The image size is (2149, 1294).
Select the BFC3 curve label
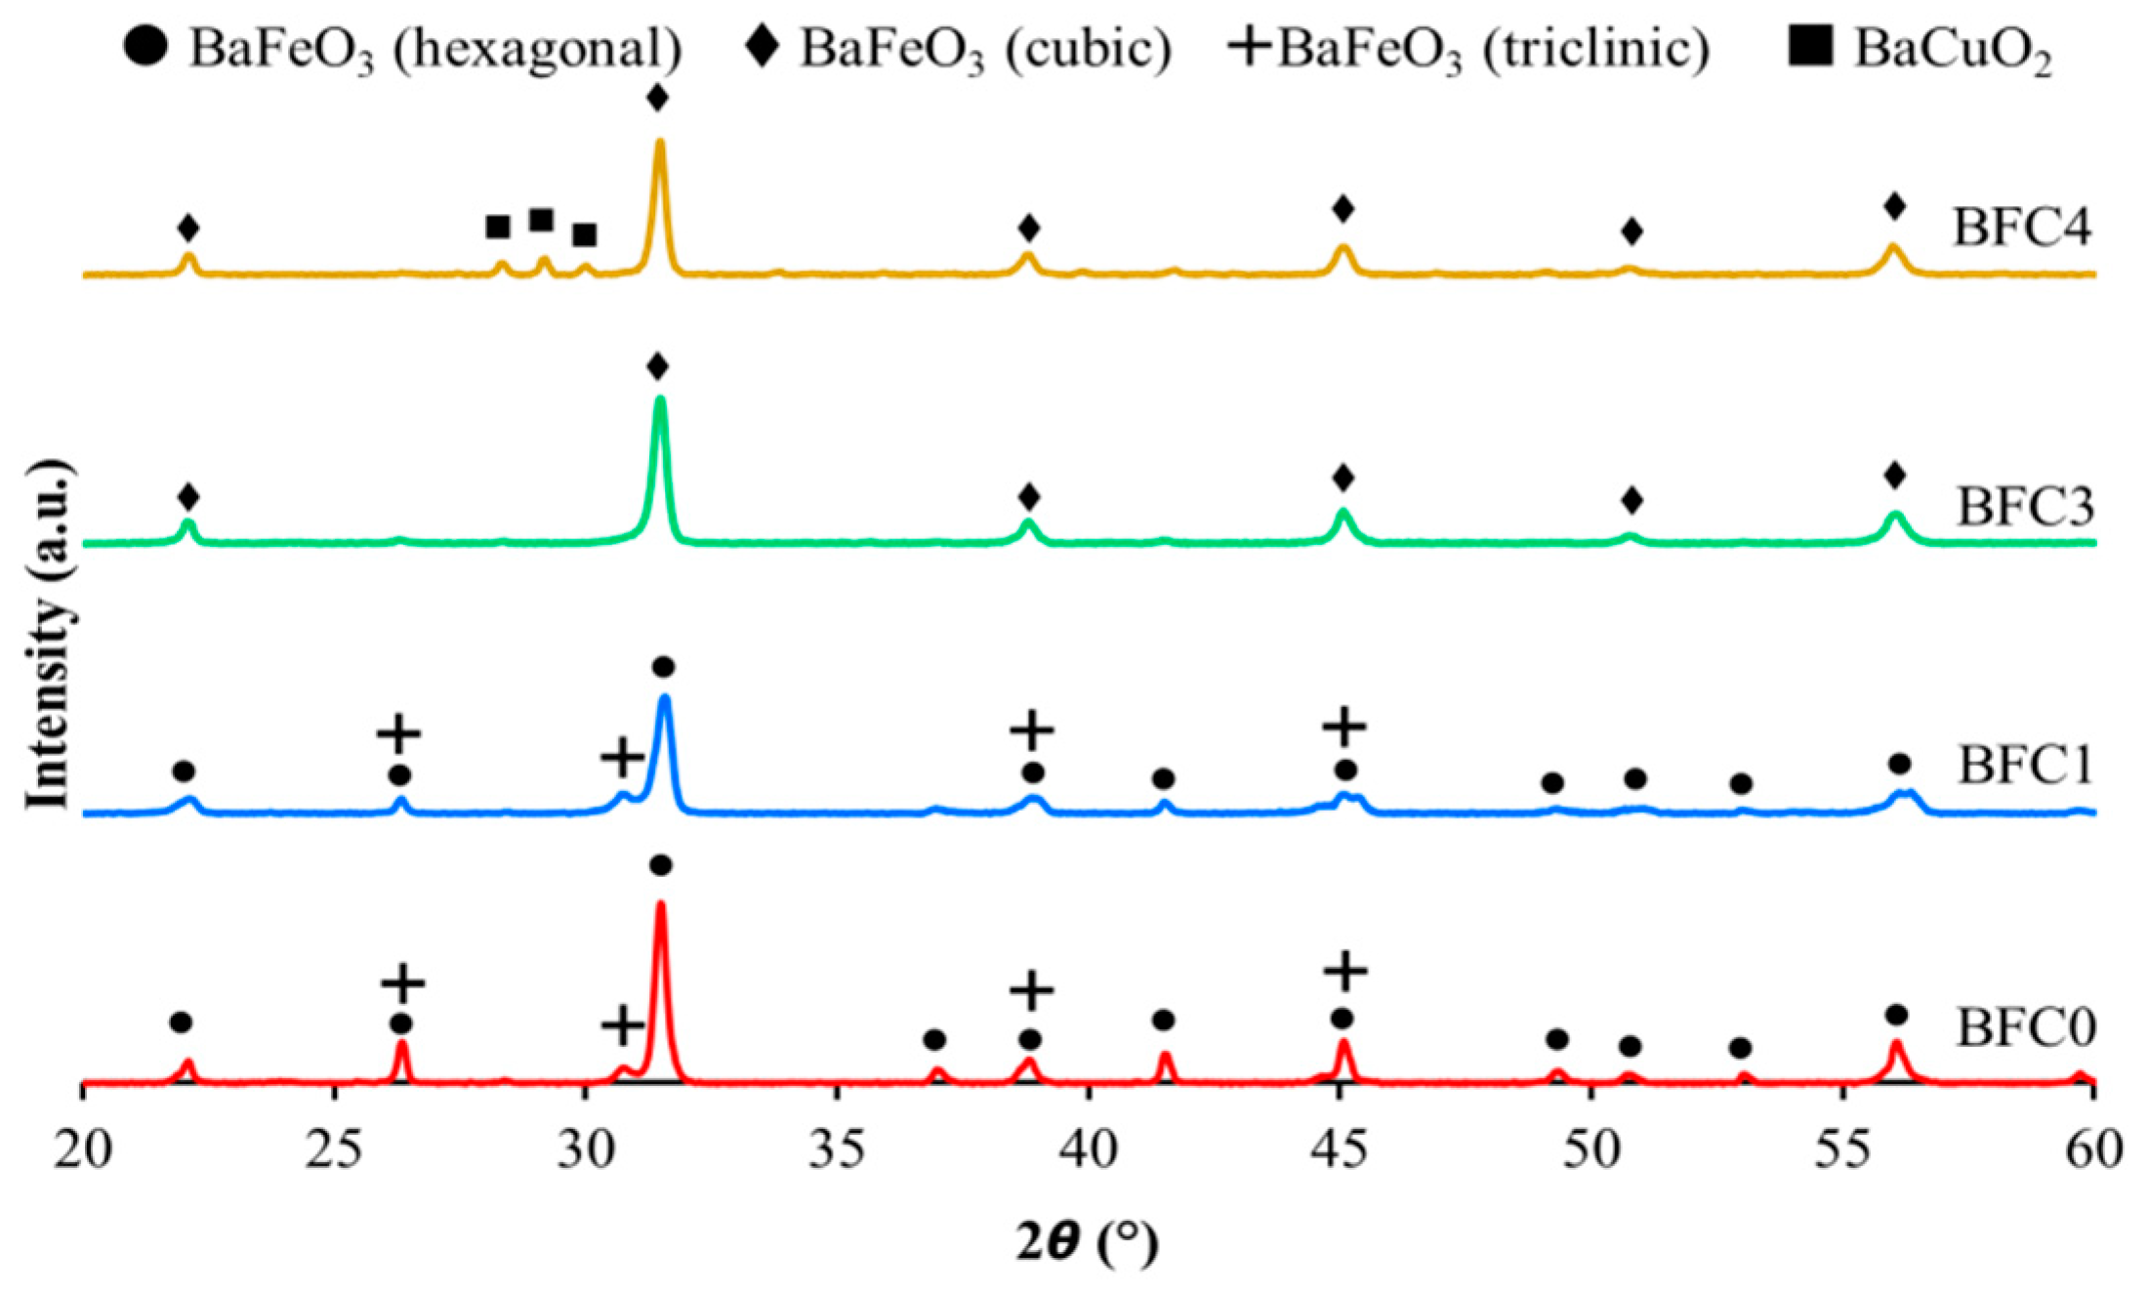pos(2023,508)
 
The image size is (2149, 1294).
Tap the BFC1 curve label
pos(2023,765)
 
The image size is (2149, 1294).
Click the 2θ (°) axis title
pos(1086,1242)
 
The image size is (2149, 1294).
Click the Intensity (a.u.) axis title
pos(49,635)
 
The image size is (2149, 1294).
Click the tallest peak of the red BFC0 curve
pos(661,906)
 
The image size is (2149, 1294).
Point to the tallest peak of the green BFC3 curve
pos(660,400)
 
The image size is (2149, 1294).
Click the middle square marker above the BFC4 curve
pos(542,220)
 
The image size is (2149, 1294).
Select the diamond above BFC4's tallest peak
pos(658,99)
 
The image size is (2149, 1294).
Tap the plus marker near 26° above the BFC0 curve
pos(402,982)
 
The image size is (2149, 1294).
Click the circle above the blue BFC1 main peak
pos(663,668)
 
